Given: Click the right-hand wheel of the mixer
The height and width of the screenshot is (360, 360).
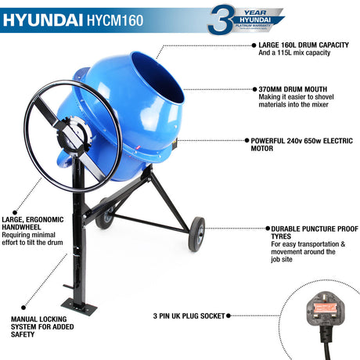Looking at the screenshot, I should click(195, 233).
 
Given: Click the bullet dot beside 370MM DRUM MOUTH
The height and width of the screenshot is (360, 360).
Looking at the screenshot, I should click(253, 90).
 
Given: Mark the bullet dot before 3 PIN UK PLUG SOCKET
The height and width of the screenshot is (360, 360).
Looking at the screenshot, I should click(228, 316).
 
